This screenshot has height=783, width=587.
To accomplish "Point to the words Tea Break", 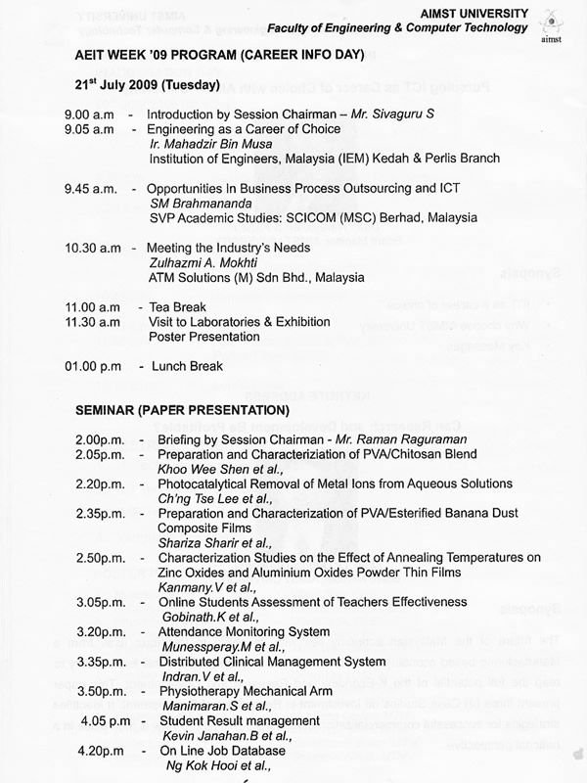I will pyautogui.click(x=177, y=307).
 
